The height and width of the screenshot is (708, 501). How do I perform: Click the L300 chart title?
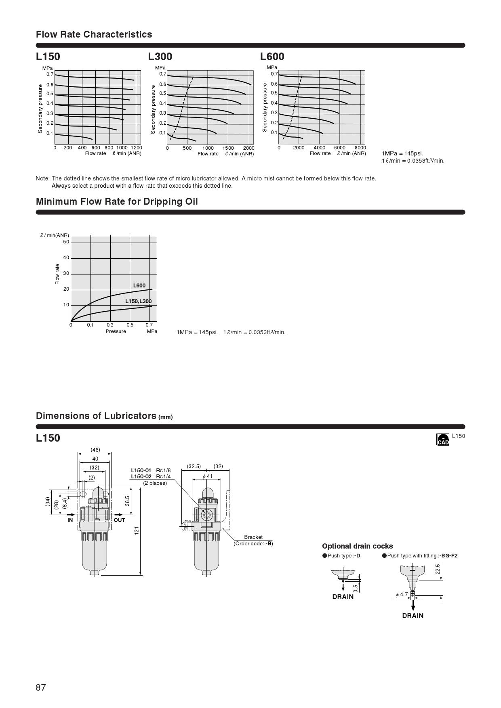pos(160,57)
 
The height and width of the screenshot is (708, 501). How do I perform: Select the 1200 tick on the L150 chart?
pos(136,148)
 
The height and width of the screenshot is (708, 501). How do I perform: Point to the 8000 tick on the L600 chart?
pos(360,148)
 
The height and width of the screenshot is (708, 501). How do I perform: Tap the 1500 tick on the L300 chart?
pos(228,148)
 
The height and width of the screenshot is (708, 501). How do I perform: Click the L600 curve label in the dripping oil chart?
pos(139,285)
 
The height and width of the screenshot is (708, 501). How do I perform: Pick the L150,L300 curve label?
pos(139,301)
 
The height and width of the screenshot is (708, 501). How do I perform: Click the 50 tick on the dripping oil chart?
pos(66,242)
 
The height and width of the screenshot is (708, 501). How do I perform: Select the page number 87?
pos(41,687)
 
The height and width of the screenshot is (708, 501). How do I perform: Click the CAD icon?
pos(443,440)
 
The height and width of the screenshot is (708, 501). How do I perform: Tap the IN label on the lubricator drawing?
pos(70,520)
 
